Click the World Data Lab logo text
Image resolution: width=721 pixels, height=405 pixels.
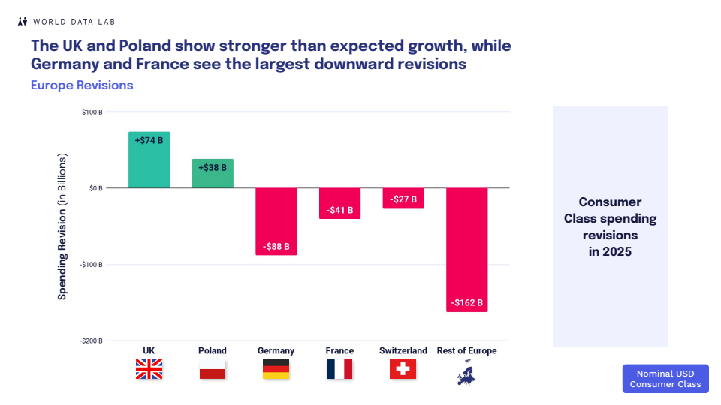coord(73,22)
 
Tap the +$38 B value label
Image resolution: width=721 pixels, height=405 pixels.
coord(213,168)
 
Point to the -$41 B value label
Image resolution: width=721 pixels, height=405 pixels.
coord(339,210)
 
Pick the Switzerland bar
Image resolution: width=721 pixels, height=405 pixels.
coord(403,198)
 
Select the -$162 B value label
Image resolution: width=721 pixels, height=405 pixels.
coord(467,303)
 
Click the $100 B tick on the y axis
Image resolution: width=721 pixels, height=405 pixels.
coord(92,112)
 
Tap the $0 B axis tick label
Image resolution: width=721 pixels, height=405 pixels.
coord(94,188)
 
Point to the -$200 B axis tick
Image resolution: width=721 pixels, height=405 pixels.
coord(91,340)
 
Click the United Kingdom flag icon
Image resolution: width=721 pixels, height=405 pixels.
coord(149,369)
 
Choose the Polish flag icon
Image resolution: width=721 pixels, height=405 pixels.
coord(213,369)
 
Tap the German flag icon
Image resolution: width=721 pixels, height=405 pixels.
coord(276,369)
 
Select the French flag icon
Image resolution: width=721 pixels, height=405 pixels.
coord(339,369)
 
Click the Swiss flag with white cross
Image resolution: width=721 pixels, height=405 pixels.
coord(403,369)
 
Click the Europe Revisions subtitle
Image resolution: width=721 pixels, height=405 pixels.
coord(82,85)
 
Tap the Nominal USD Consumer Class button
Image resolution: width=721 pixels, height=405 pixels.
coord(665,379)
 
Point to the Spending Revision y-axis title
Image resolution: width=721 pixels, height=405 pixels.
coord(62,226)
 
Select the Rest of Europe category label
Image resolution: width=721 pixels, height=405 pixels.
coord(466,350)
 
